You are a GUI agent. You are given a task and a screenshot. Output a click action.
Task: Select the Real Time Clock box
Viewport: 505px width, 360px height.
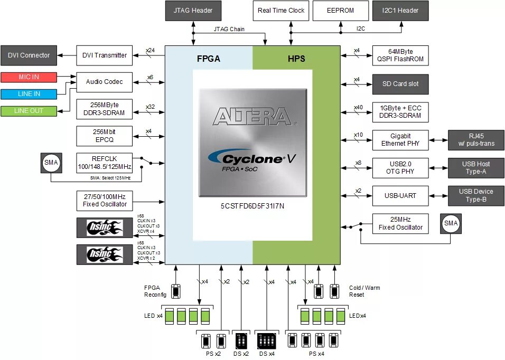pyautogui.click(x=281, y=11)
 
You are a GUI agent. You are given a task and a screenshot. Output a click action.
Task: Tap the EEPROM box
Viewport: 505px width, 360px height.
pyautogui.click(x=340, y=11)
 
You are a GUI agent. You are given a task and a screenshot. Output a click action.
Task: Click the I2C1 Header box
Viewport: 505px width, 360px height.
pyautogui.click(x=400, y=11)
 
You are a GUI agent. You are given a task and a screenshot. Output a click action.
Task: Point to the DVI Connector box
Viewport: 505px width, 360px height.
pyautogui.click(x=29, y=55)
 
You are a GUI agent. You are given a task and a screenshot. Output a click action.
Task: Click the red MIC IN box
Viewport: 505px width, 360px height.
pyautogui.click(x=29, y=77)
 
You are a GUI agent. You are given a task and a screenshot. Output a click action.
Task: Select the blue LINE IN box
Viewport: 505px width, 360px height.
pyautogui.click(x=29, y=94)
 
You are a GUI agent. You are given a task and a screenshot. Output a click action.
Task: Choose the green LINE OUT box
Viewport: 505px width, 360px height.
pyautogui.click(x=29, y=111)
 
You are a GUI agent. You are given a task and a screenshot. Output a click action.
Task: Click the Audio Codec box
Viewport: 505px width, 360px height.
pyautogui.click(x=104, y=82)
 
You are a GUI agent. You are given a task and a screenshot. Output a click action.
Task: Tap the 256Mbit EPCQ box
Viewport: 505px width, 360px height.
pyautogui.click(x=104, y=136)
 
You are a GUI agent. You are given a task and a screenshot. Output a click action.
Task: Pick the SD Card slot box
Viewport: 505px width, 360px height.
pyautogui.click(x=400, y=84)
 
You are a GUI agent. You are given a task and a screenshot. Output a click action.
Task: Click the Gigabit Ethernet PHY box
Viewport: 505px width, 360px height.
pyautogui.click(x=400, y=140)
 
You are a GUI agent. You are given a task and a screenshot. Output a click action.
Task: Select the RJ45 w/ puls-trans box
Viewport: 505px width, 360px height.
pyautogui.click(x=476, y=140)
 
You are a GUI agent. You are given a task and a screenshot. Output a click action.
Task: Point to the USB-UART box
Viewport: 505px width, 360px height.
pyautogui.click(x=400, y=196)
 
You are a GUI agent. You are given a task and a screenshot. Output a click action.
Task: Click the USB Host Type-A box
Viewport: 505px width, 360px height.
pyautogui.click(x=476, y=168)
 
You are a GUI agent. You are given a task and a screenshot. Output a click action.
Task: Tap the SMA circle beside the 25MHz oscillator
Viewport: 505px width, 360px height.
pyautogui.click(x=451, y=224)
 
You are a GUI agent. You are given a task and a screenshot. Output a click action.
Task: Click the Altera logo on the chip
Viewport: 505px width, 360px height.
pyautogui.click(x=252, y=117)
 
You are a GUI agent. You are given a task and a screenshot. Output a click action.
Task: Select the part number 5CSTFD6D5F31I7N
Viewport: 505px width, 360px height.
pyautogui.click(x=252, y=206)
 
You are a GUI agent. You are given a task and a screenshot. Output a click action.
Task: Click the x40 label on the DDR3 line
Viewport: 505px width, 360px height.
pyautogui.click(x=359, y=107)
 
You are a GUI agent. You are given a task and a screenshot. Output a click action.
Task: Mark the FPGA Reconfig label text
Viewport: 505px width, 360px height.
pyautogui.click(x=155, y=291)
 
